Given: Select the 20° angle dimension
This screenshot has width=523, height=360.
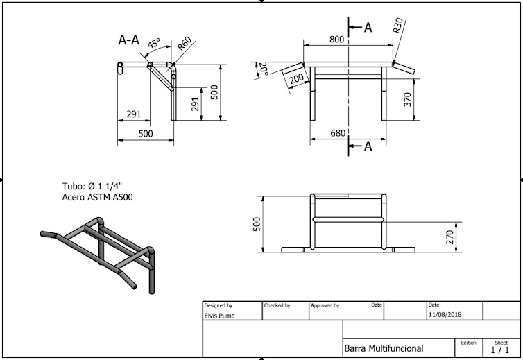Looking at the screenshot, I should (264, 70).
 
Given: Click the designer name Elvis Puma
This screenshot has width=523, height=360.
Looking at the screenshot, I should (220, 315).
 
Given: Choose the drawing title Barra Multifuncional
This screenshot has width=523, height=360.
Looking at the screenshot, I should (384, 348).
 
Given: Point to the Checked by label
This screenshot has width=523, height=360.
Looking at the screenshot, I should (277, 305).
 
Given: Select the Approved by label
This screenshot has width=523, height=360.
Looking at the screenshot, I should (325, 305).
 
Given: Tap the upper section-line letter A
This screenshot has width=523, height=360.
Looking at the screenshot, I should (368, 27).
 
